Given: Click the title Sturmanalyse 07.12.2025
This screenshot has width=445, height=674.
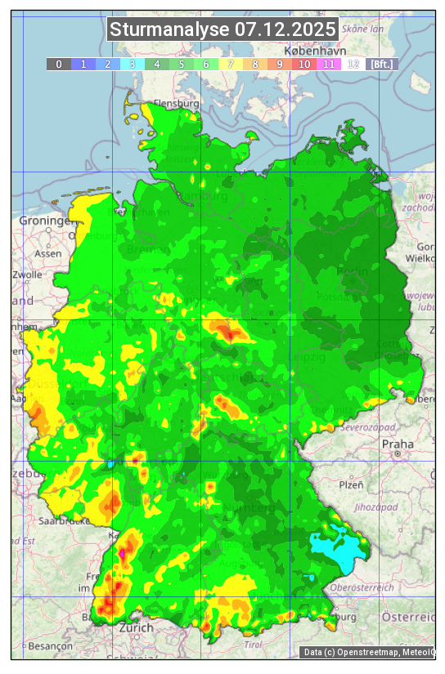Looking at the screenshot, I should (222, 30).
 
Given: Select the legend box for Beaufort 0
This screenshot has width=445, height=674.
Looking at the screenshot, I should (58, 64).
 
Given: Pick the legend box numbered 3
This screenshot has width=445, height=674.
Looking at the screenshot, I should (132, 64).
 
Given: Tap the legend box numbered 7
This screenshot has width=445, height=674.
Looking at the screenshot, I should (230, 64).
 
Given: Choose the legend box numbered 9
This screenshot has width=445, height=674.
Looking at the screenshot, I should (279, 64).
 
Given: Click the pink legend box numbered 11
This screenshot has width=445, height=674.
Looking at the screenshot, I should (328, 64).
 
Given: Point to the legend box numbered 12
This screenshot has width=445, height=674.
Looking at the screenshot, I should (353, 64).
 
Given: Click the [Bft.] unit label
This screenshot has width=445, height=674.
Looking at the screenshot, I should (382, 64).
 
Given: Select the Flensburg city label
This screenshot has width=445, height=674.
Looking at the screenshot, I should (177, 105).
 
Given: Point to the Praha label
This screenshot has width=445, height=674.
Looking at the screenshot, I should (398, 444).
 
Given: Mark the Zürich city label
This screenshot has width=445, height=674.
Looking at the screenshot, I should (136, 627).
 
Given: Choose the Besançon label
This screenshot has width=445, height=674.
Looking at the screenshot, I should (48, 645).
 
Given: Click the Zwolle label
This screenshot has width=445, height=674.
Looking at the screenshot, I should (27, 275).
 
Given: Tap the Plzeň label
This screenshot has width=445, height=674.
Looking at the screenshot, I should (351, 484).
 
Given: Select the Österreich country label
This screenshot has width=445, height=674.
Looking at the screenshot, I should (410, 616).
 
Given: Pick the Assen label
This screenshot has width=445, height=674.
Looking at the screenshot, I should (48, 253).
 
